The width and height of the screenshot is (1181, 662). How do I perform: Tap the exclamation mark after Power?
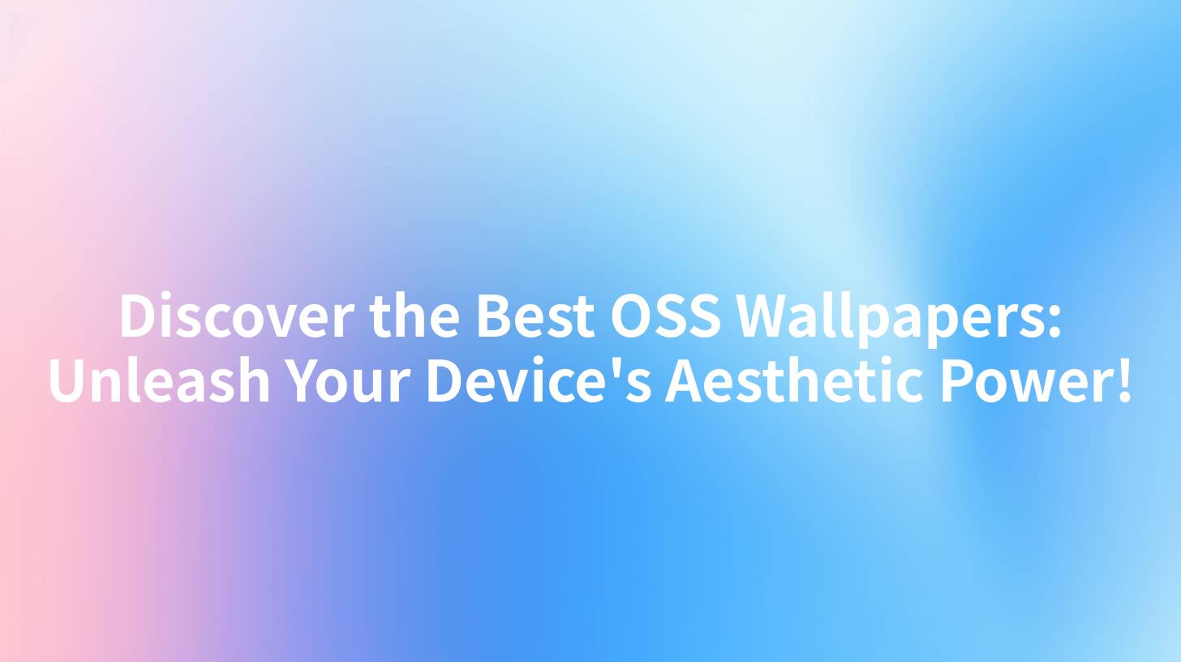tap(1123, 381)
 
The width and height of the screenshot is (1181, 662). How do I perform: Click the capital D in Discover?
tap(137, 316)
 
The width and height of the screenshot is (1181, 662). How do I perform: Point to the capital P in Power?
tap(957, 381)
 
